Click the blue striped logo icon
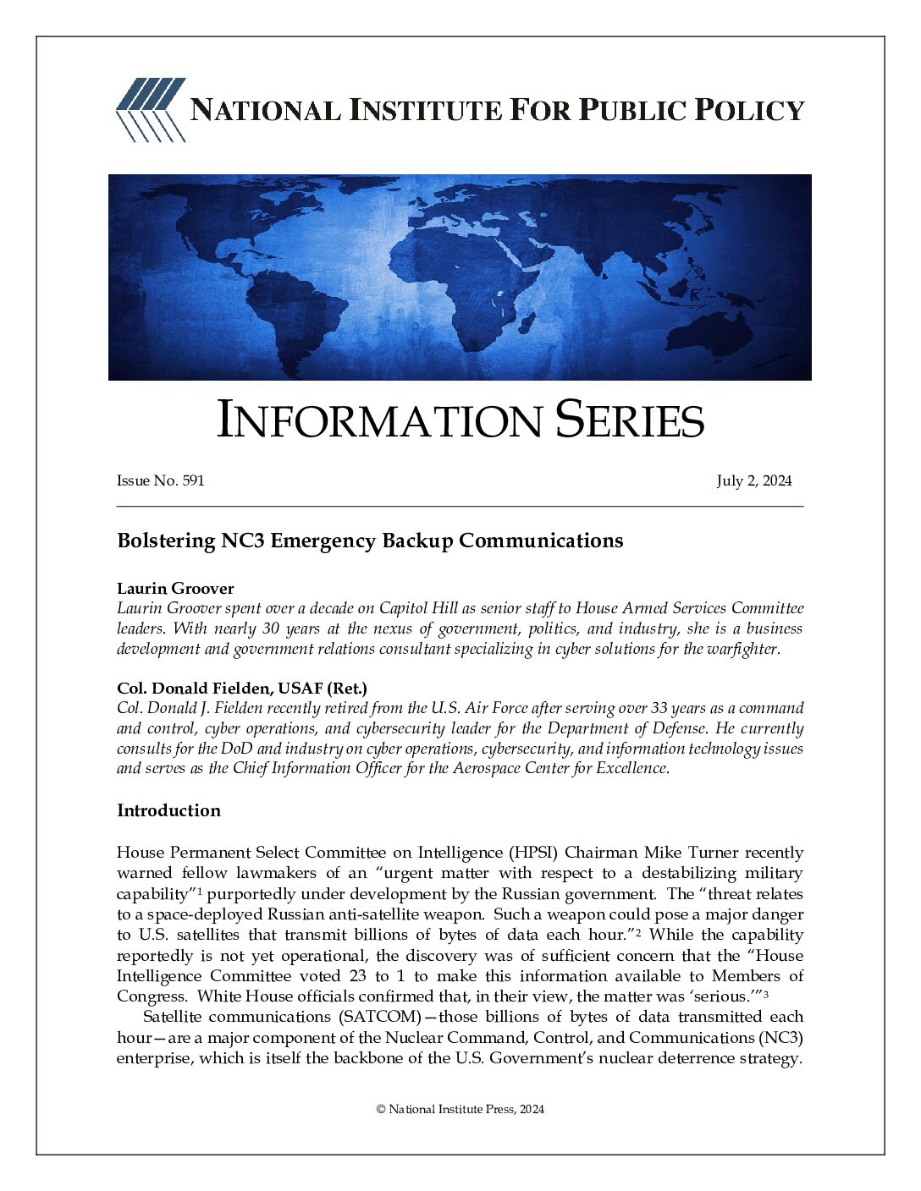coord(150,109)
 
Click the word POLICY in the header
coord(749,110)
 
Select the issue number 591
coord(193,480)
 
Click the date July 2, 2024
coord(753,480)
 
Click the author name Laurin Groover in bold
coord(175,588)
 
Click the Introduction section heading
coord(168,810)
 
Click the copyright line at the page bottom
coord(460,1109)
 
